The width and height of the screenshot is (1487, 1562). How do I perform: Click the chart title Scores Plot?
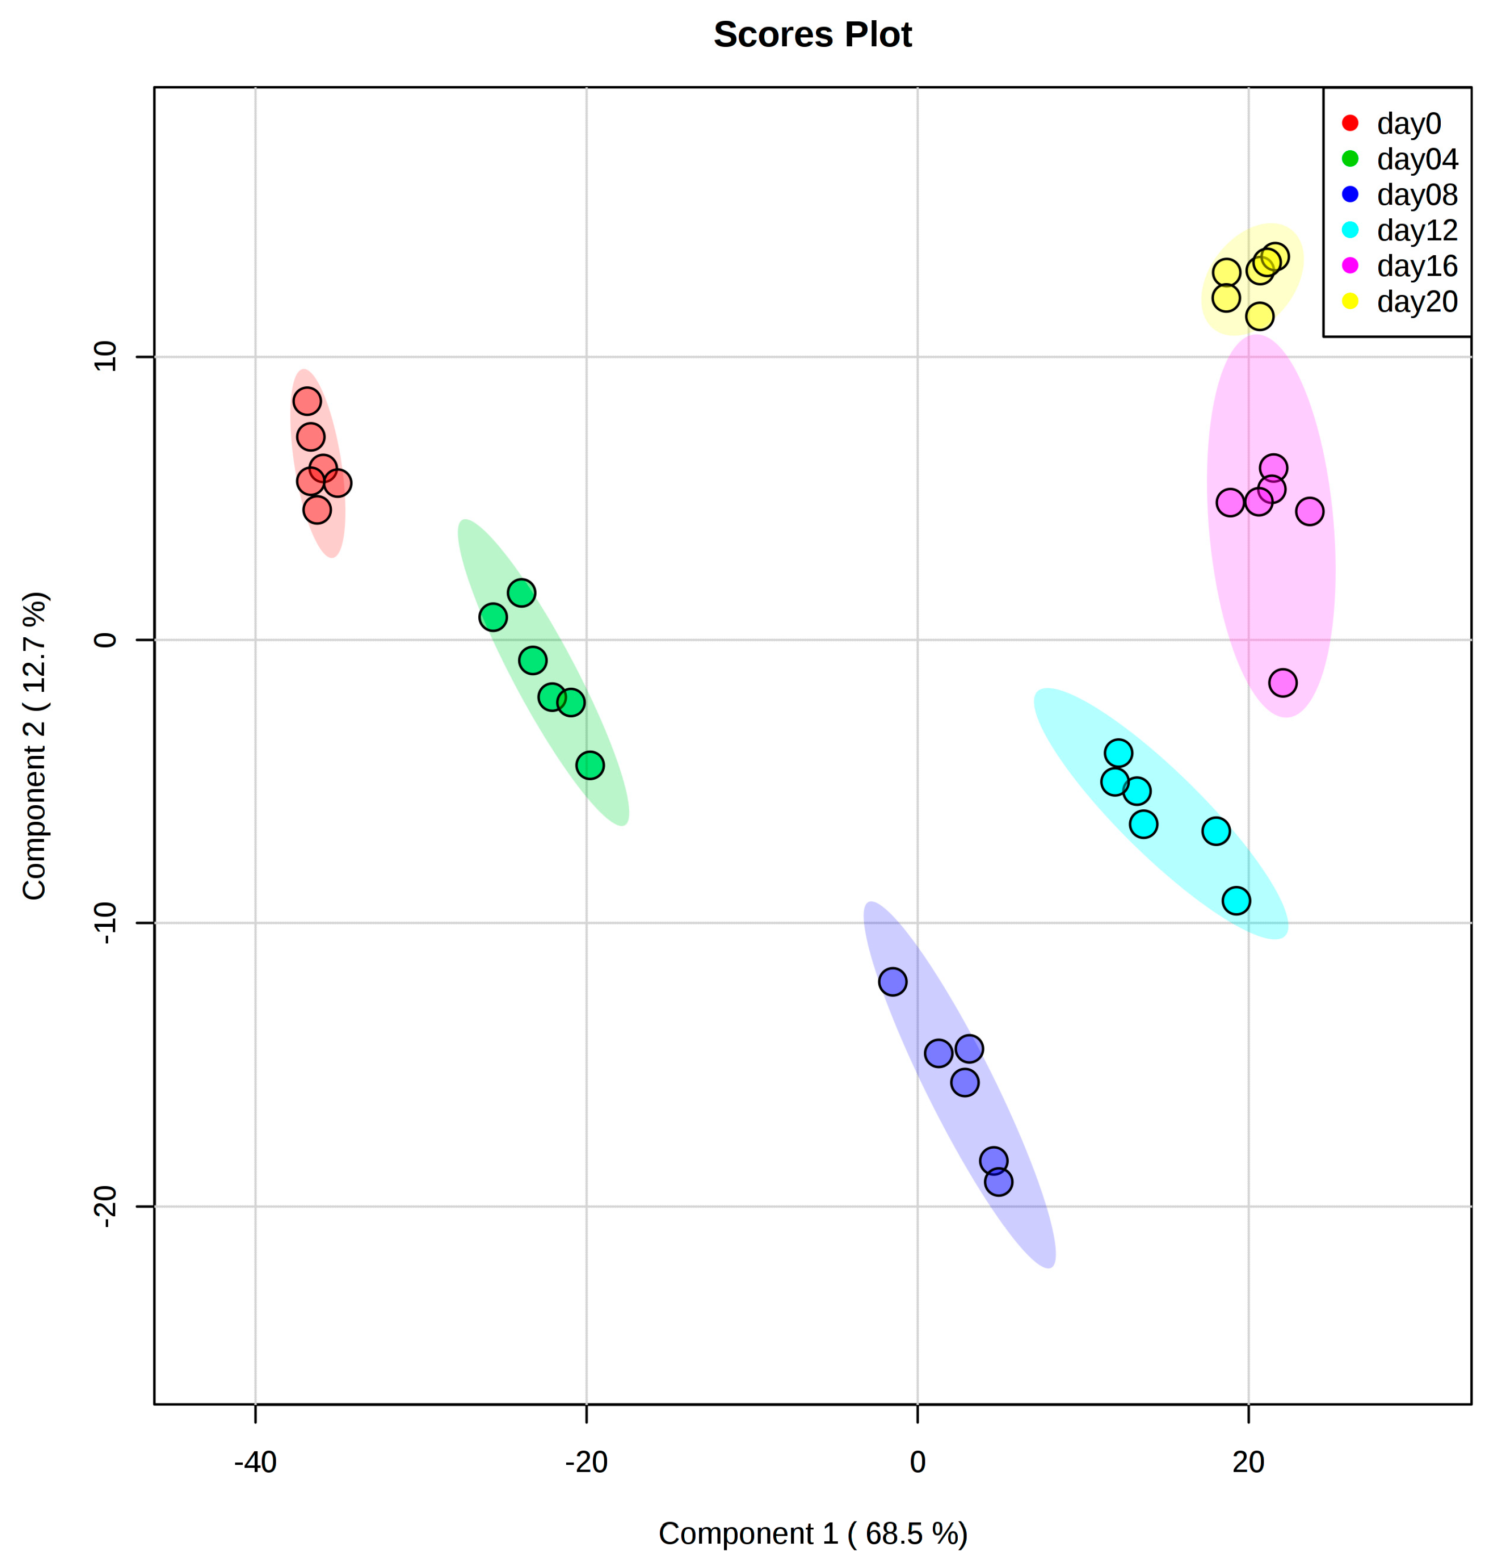(813, 35)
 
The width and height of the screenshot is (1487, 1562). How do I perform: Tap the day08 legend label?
(1417, 195)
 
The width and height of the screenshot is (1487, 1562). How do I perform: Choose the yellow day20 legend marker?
(1350, 301)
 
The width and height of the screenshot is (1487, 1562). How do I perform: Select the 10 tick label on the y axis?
(106, 357)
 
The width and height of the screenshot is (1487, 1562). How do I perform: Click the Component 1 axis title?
(813, 1533)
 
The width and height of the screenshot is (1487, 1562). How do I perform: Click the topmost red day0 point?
(307, 401)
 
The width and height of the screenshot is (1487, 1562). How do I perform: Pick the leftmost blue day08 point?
(893, 982)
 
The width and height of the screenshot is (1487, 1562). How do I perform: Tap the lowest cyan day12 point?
(1236, 900)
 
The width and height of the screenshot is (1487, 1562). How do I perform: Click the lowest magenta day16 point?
(1283, 682)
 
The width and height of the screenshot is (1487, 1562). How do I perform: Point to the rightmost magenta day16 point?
(1310, 511)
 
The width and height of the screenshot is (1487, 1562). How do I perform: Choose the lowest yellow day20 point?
(1259, 316)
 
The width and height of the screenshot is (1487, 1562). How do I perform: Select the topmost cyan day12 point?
(1118, 752)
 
